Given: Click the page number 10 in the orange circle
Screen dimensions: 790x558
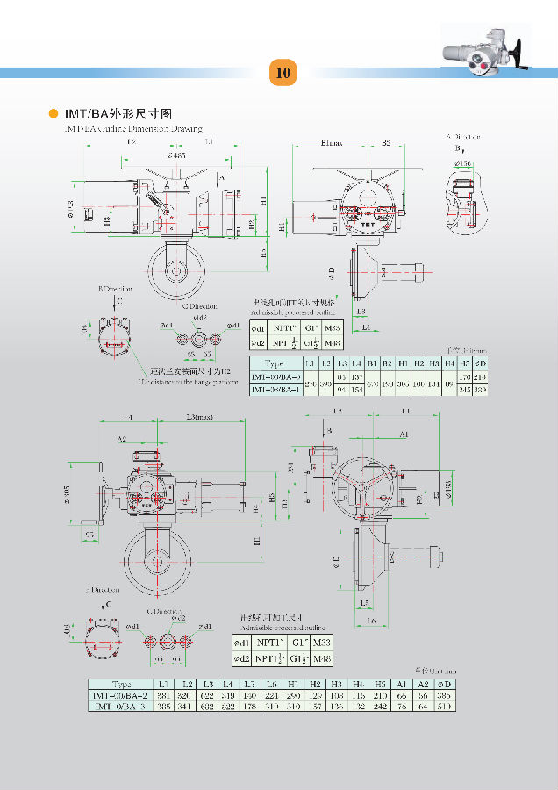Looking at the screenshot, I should tap(283, 72).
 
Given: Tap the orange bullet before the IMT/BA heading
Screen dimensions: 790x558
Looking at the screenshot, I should tap(53, 114).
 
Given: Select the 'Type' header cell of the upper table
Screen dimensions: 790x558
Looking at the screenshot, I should tap(275, 363).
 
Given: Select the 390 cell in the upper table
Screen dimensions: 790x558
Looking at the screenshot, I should tap(325, 384).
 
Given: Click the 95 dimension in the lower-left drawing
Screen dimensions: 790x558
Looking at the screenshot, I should tap(89, 534).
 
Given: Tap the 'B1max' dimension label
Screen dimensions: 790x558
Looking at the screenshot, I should tap(332, 142).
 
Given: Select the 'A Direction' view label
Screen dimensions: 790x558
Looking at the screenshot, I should tap(464, 137).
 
